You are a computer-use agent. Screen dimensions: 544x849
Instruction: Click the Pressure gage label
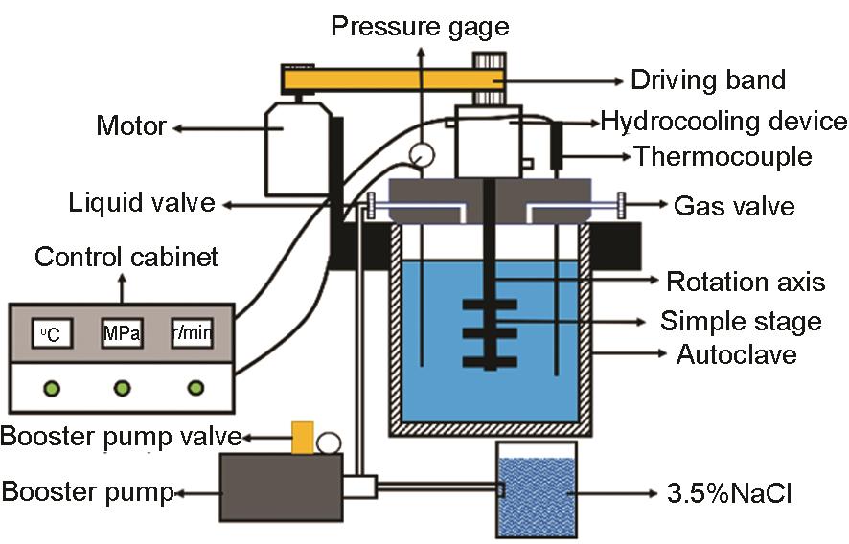pos(420,25)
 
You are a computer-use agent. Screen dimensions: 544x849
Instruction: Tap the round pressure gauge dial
pos(419,153)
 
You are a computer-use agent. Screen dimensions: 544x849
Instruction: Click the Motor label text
pos(131,125)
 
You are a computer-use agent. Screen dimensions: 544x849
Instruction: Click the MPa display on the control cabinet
pos(122,333)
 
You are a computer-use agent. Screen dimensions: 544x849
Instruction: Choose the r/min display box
pos(192,333)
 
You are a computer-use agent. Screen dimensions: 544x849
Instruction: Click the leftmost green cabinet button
pos(51,388)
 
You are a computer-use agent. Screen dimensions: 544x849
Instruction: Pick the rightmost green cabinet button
pos(195,388)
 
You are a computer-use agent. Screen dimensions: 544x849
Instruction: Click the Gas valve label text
pos(734,205)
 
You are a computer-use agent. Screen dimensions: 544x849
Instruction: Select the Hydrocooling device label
pos(723,122)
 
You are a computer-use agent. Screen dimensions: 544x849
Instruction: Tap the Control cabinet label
pos(126,257)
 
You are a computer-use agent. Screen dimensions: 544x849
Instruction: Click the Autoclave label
pos(736,354)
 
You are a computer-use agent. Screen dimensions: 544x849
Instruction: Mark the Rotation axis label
pos(745,281)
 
